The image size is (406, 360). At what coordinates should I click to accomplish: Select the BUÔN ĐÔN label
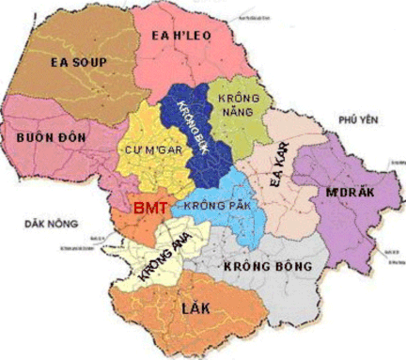coord(52,137)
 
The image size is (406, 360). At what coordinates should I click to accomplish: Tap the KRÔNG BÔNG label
coord(267,266)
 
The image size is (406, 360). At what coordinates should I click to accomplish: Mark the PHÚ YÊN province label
coord(358,120)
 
